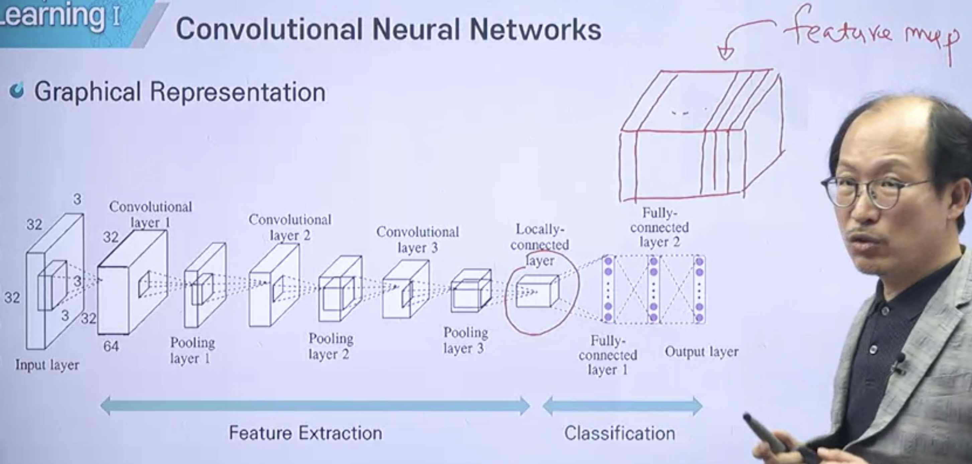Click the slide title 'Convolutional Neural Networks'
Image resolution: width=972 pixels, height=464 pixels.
389,29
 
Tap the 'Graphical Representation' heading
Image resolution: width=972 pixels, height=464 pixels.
180,92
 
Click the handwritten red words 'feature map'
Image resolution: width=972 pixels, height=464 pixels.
872,32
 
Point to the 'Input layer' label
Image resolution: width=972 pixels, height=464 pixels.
47,365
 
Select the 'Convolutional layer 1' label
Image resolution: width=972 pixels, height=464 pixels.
151,214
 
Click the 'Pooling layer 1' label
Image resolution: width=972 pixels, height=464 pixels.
192,350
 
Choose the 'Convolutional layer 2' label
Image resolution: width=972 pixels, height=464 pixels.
290,227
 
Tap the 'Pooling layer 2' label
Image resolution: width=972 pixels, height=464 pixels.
330,346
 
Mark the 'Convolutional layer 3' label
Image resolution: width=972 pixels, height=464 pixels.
417,240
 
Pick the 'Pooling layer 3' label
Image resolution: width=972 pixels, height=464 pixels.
465,340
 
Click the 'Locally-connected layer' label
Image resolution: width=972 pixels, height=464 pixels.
540,244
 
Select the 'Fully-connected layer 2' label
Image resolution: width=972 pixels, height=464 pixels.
660,227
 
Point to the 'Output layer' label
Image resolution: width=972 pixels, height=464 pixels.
701,352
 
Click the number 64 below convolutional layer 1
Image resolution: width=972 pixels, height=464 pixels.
111,346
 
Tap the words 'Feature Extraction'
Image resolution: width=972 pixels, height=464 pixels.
305,433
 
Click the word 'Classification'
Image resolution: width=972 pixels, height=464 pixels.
619,433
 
